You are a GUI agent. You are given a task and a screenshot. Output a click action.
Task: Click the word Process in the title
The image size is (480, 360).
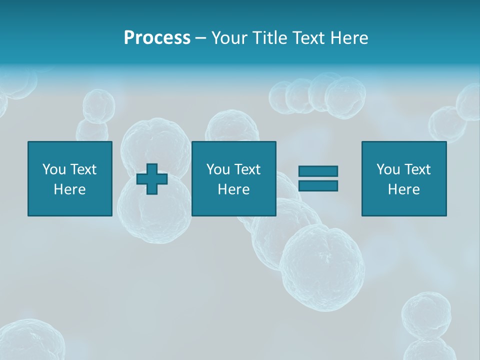tap(157, 37)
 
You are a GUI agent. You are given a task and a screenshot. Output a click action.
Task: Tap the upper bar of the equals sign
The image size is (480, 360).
tap(318, 171)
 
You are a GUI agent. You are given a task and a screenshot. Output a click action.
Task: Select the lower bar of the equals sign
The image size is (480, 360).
tap(318, 185)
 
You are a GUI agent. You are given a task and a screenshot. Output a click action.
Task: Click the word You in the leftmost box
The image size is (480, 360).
tap(54, 169)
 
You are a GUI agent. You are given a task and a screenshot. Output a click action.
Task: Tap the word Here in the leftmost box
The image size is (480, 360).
tap(69, 189)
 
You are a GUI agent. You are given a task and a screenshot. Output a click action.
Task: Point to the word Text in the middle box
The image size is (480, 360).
tap(247, 169)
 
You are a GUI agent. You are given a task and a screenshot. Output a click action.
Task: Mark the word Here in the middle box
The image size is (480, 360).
tap(233, 189)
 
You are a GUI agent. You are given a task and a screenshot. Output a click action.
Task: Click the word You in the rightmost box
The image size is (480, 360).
tap(388, 169)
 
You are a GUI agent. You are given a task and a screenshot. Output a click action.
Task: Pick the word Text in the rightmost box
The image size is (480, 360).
tap(417, 169)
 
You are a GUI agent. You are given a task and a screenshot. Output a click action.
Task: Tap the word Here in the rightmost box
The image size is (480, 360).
tap(403, 189)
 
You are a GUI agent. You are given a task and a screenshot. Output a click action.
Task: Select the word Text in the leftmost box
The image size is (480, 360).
tap(83, 169)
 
